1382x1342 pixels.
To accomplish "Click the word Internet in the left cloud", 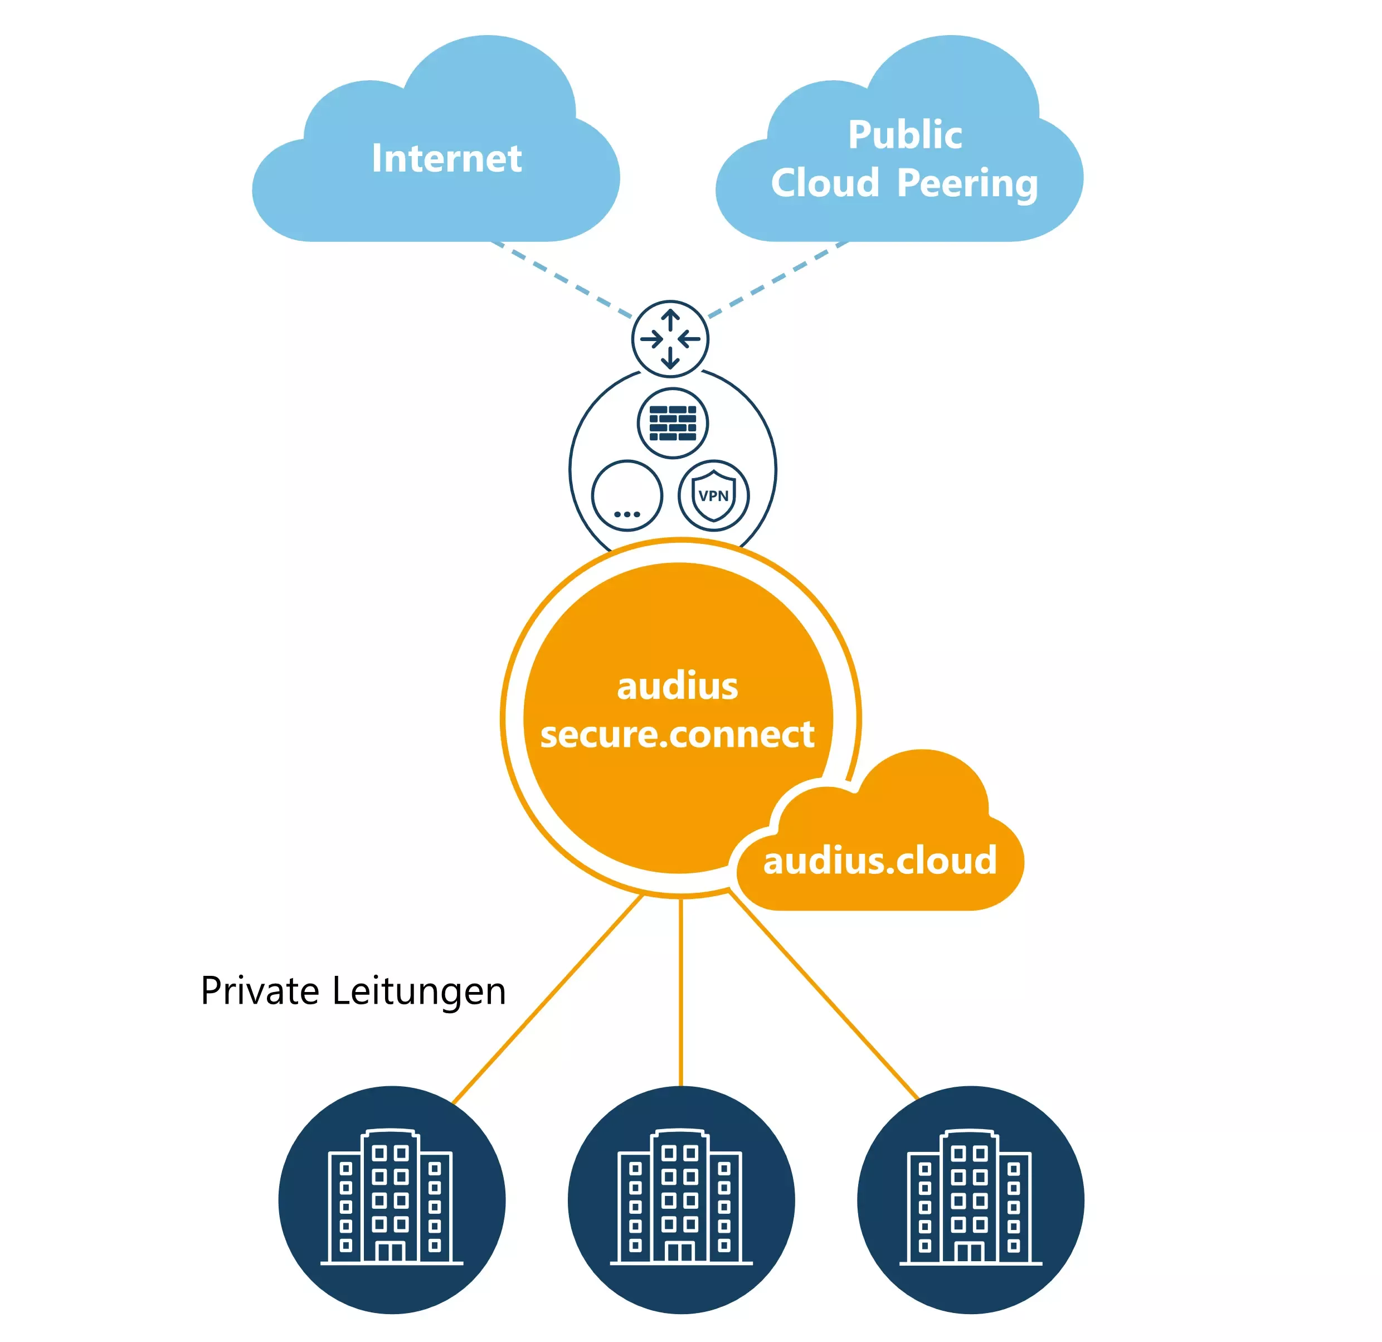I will (x=446, y=158).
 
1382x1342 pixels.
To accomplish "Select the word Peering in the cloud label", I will (x=967, y=183).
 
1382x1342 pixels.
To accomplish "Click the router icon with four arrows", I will (x=670, y=339).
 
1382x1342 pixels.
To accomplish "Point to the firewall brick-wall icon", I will (x=673, y=423).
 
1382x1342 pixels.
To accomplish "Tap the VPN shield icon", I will (x=713, y=495).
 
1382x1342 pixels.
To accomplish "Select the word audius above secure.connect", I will (x=677, y=686).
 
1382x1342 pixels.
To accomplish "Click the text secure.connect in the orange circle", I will (x=677, y=734).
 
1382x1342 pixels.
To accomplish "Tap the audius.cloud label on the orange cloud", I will (x=879, y=860).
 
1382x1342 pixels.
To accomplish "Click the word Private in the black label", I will (x=260, y=990).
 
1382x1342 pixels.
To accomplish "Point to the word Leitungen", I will (x=419, y=991).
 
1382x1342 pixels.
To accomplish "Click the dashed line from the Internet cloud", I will (x=564, y=279).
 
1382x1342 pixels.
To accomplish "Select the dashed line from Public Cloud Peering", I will (x=776, y=279).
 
